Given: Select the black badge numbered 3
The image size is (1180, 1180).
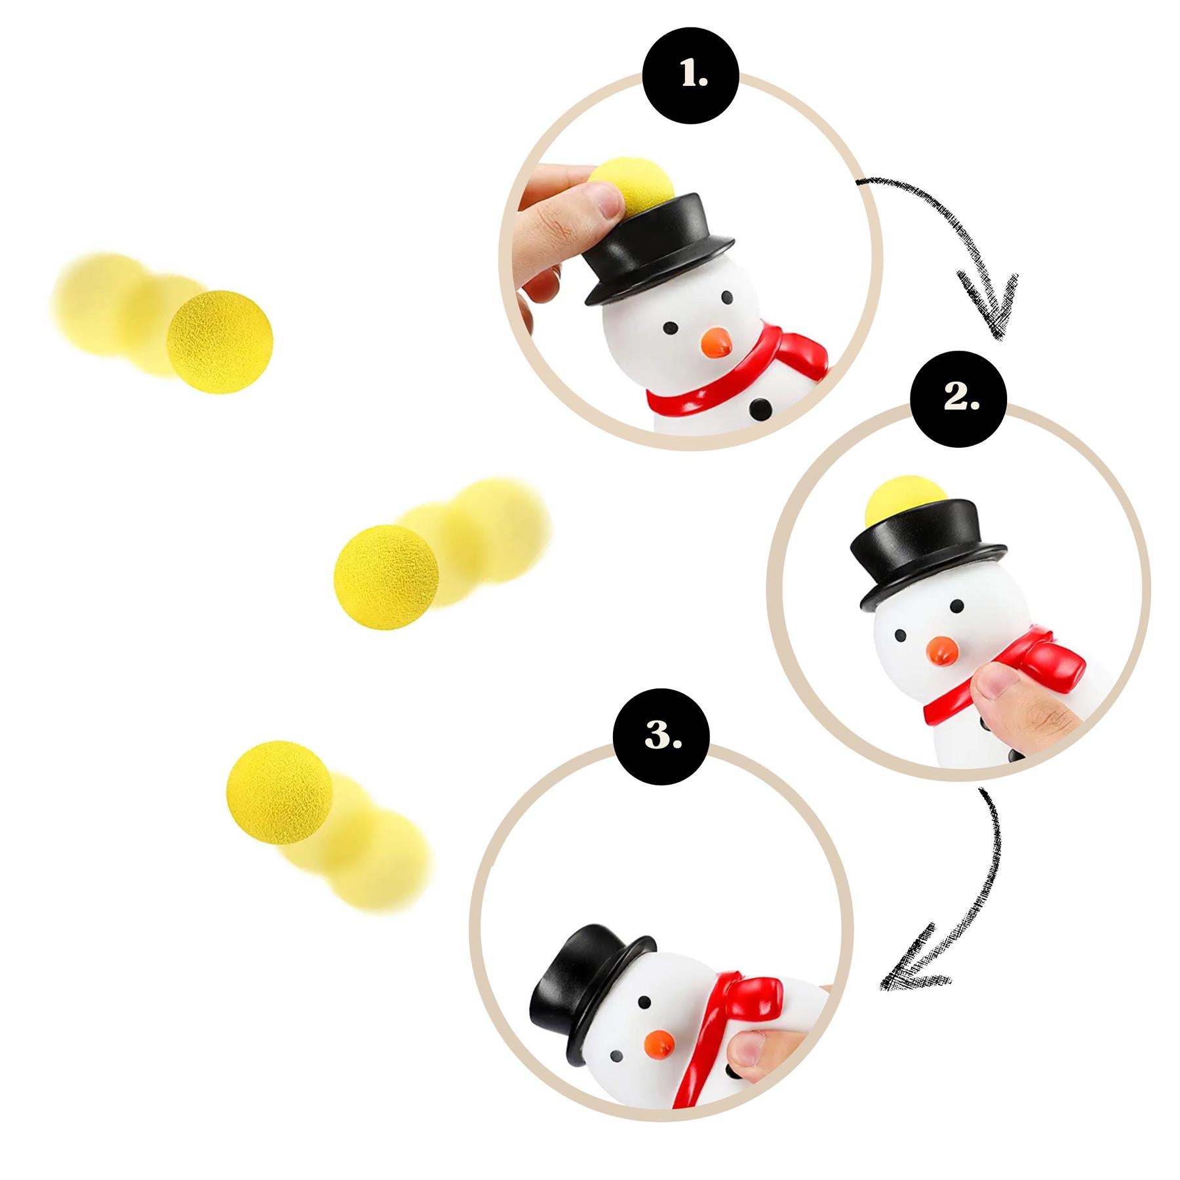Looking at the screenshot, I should [661, 737].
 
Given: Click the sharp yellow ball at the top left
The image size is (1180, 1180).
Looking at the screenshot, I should [220, 342].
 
